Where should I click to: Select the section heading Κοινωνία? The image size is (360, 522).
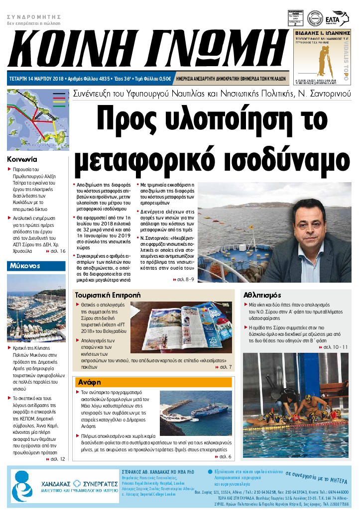[x=22, y=160]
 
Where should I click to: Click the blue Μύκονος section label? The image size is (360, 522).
[x=24, y=266]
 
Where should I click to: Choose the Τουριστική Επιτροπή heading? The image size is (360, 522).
[x=108, y=294]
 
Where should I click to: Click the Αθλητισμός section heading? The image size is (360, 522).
[x=262, y=294]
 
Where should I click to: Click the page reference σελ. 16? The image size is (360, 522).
[x=58, y=251]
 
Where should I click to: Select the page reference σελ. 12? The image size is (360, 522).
[x=58, y=459]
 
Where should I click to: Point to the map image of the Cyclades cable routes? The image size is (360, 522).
[x=36, y=119]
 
